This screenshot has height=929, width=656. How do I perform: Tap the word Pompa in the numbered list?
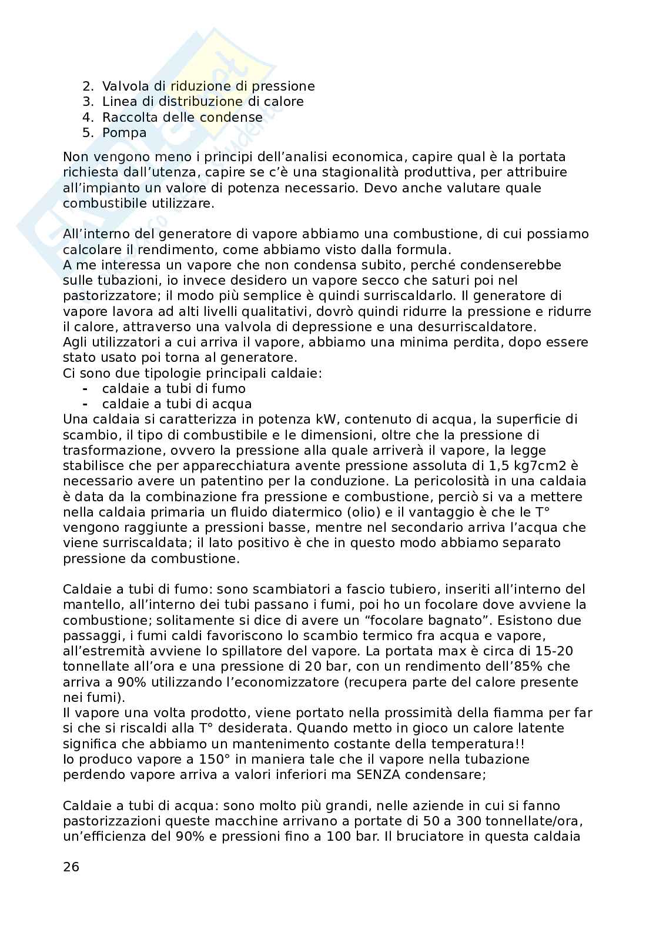coord(124,132)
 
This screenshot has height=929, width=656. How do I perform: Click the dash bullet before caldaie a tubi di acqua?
coord(85,404)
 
